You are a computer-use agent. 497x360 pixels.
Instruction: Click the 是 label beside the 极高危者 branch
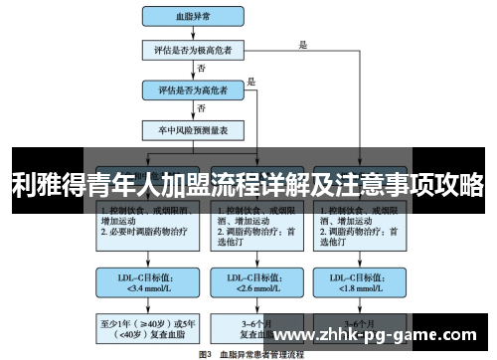point(303,44)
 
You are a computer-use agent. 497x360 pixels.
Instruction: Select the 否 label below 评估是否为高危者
point(202,108)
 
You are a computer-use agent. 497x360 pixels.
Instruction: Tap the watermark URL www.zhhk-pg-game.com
point(382,334)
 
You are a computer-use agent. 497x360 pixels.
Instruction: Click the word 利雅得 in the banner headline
point(46,183)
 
